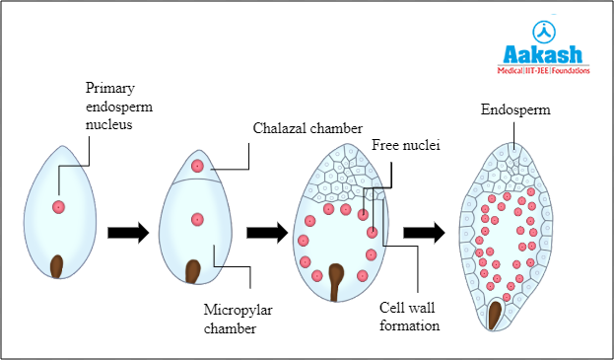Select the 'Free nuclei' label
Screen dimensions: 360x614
405,146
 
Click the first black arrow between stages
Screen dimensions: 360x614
126,234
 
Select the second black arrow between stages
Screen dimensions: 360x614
266,234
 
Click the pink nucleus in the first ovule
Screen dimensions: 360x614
58,207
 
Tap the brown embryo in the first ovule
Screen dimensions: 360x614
58,266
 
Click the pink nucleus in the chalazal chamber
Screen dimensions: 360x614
198,167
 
